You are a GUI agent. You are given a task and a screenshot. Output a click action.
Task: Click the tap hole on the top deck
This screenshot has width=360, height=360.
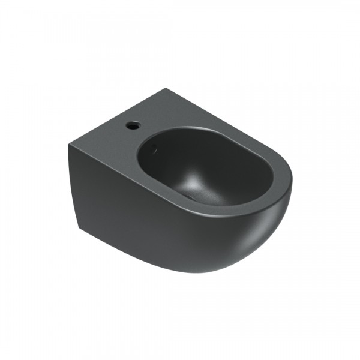click(133, 127)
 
